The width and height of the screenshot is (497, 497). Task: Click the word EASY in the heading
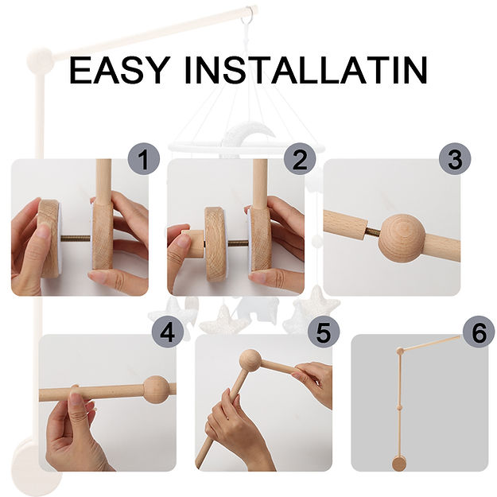click(x=118, y=70)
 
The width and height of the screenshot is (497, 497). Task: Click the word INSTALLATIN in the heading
click(x=305, y=70)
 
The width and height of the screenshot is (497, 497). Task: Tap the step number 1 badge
click(x=144, y=159)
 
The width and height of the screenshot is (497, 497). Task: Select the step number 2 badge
click(x=300, y=159)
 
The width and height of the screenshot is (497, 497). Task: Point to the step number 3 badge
click(x=455, y=159)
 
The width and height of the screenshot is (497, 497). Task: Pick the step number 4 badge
click(x=168, y=332)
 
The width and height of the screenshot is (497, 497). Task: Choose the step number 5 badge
click(x=324, y=332)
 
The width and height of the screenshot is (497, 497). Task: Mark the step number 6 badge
click(x=479, y=332)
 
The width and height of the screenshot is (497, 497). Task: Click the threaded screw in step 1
click(x=76, y=239)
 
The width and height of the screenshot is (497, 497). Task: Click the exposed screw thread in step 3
click(x=372, y=232)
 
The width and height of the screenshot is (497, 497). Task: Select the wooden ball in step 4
click(x=155, y=390)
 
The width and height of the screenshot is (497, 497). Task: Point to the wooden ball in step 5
click(x=250, y=361)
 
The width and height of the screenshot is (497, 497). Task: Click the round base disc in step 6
click(x=398, y=464)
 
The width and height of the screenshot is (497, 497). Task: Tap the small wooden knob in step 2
click(x=193, y=244)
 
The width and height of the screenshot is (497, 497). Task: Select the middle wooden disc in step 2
click(x=215, y=244)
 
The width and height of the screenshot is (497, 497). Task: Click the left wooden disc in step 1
click(x=49, y=239)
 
